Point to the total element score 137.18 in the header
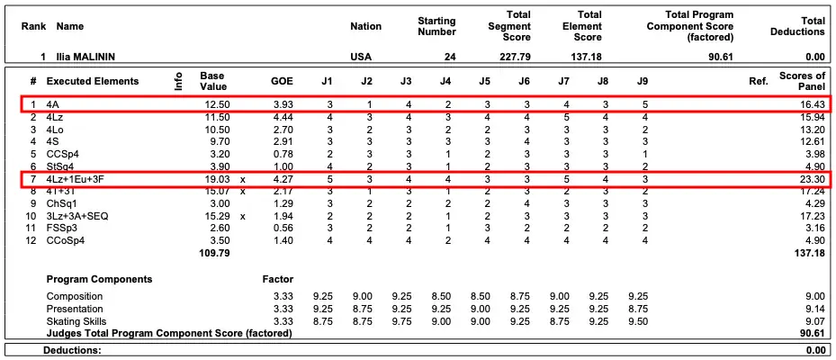click(x=587, y=57)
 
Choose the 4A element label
click(x=54, y=104)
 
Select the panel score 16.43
click(x=811, y=104)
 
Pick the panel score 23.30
click(x=811, y=179)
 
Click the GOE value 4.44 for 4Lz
click(x=282, y=117)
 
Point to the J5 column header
click(x=485, y=81)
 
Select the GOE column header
click(x=282, y=81)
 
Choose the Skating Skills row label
click(x=76, y=321)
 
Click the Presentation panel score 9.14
click(x=814, y=309)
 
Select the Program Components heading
click(x=99, y=279)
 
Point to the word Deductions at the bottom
click(x=73, y=350)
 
